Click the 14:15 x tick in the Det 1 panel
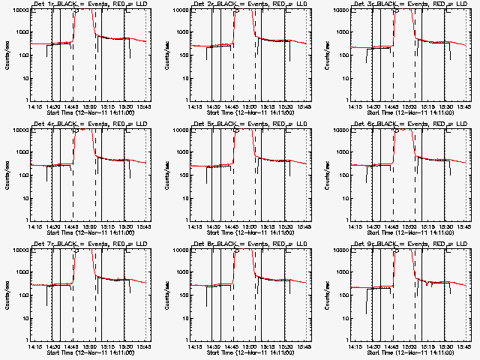pyautogui.click(x=33, y=106)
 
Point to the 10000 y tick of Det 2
pyautogui.click(x=180, y=10)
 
